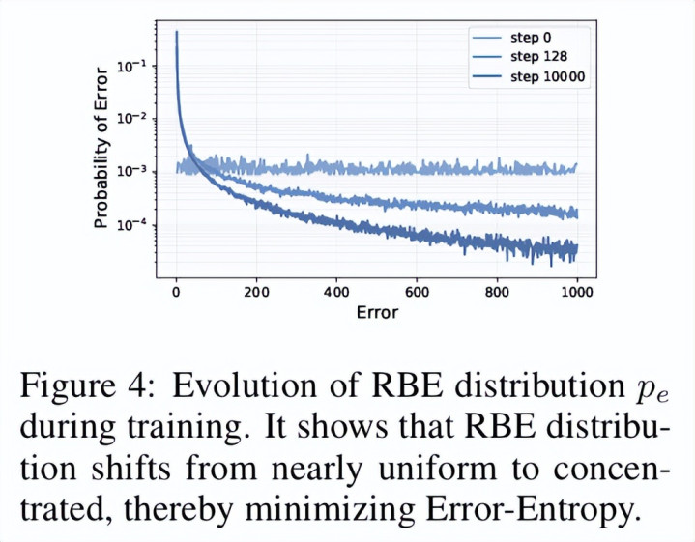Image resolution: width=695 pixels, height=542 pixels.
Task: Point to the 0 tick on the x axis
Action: (x=176, y=292)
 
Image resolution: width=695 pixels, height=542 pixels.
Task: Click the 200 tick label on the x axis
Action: (x=256, y=292)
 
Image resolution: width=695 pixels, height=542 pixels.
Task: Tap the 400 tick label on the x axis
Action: (x=336, y=292)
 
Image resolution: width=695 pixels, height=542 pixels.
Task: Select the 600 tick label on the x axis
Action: (x=417, y=292)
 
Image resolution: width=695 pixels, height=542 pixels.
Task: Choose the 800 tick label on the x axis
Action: (x=497, y=292)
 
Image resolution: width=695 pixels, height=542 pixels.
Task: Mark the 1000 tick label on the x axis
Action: (x=576, y=292)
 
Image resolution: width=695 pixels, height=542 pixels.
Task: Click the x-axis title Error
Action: (x=376, y=312)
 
